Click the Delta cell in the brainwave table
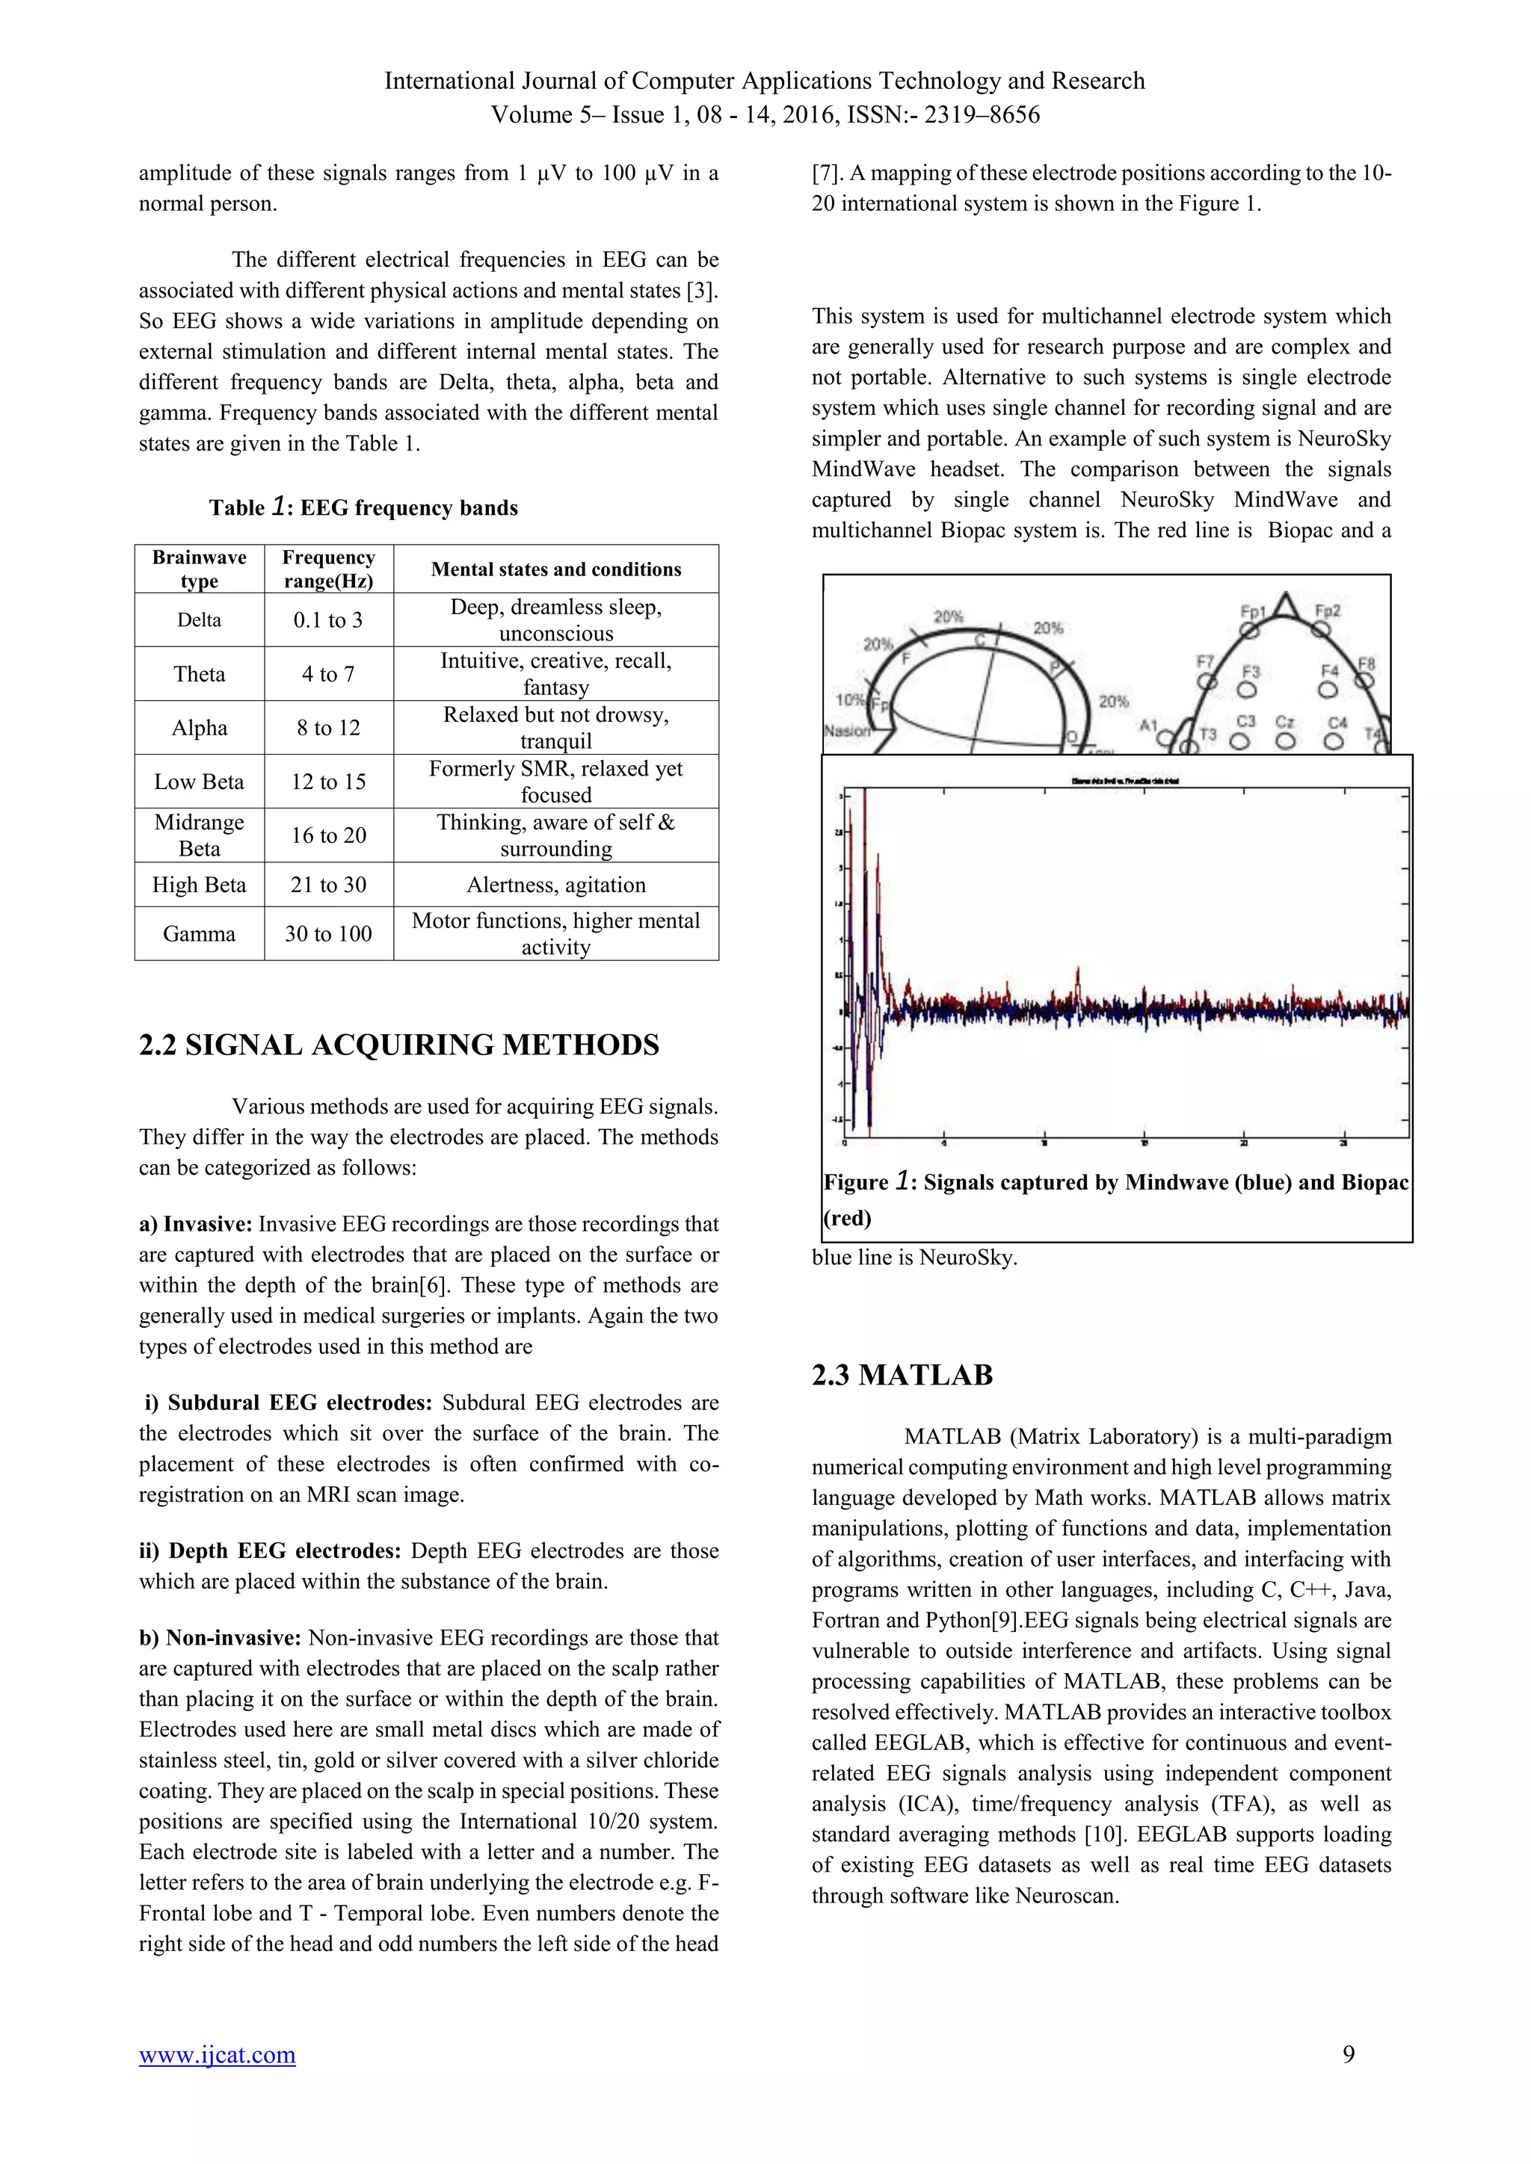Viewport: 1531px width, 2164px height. (199, 620)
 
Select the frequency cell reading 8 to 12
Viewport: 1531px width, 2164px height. (328, 728)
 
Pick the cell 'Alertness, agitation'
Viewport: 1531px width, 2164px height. (556, 885)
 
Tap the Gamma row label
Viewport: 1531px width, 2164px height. (199, 934)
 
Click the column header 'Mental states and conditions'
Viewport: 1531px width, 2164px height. (556, 569)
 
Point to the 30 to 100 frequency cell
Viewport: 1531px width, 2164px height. (328, 934)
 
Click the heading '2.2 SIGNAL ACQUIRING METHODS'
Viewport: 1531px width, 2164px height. (398, 1045)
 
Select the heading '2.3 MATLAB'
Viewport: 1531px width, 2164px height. (902, 1375)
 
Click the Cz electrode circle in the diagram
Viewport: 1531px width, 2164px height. (1285, 741)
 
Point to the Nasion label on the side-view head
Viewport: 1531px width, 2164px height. (845, 731)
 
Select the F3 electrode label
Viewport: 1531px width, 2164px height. (1250, 672)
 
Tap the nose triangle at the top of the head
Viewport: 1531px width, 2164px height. (1283, 605)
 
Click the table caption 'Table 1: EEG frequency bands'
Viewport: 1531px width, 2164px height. (363, 508)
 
